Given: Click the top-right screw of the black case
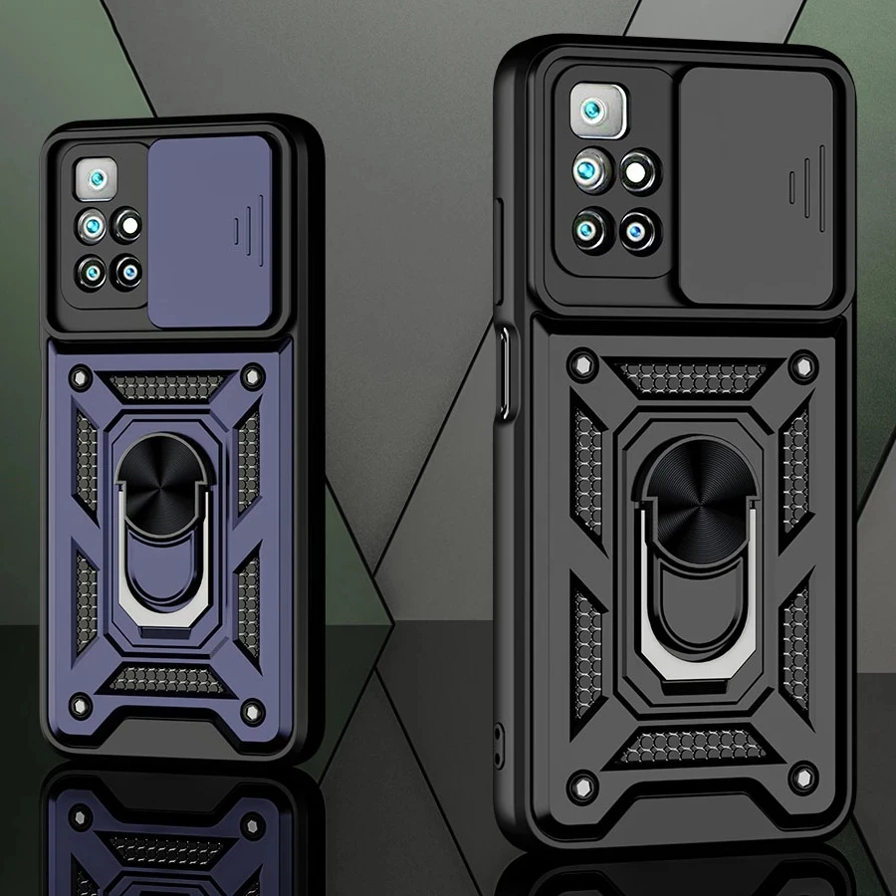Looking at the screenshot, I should (x=802, y=365).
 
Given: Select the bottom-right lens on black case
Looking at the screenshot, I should (x=638, y=232).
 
